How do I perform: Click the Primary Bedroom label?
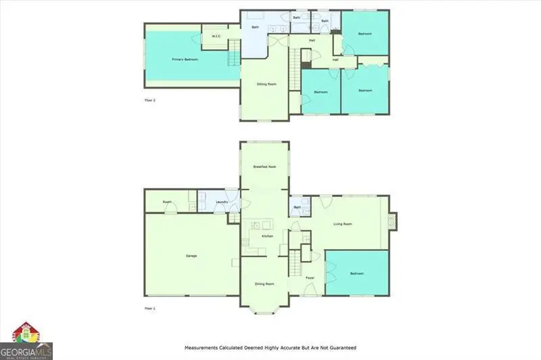pos(185,60)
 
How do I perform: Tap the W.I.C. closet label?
pos(216,36)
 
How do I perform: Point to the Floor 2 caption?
pos(150,100)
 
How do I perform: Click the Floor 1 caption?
pos(150,308)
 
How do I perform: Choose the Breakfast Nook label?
pos(264,166)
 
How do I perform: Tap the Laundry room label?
pos(221,202)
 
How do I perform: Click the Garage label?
pos(191,256)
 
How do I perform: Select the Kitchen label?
pos(266,236)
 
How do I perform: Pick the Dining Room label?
pos(264,284)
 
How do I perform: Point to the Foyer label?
pos(310,278)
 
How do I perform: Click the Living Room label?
pos(344,224)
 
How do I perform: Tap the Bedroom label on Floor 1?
pos(356,273)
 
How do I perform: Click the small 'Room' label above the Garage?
pos(166,202)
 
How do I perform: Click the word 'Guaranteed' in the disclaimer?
pos(341,348)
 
